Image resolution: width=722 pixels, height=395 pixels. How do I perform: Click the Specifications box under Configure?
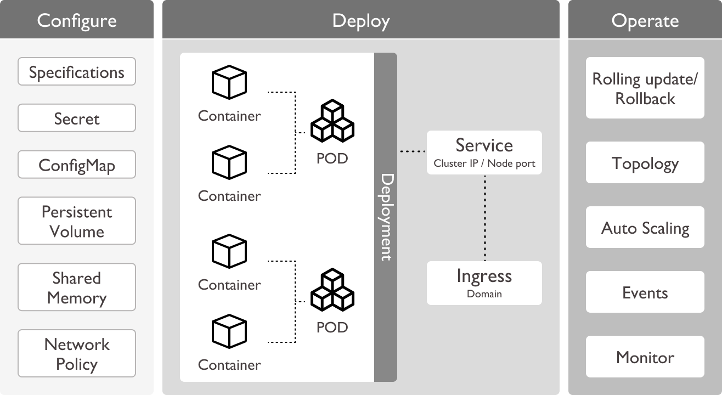click(77, 72)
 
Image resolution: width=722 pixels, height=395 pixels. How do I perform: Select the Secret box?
click(77, 119)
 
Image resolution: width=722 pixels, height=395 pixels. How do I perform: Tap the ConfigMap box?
click(77, 165)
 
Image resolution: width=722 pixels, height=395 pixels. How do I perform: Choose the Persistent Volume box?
click(77, 221)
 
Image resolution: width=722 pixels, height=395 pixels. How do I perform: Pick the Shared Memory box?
click(77, 287)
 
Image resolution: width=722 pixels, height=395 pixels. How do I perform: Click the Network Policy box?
click(77, 354)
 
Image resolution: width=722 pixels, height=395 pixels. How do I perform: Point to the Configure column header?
click(77, 20)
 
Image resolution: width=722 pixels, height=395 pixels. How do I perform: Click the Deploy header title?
click(360, 21)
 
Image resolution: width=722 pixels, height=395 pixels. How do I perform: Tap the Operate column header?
click(645, 21)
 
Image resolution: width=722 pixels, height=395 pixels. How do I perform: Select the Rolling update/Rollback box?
click(645, 88)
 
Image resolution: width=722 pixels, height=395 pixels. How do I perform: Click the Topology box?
click(645, 163)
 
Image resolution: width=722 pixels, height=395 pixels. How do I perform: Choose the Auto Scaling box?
click(645, 228)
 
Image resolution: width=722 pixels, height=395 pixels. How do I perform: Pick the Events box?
click(645, 292)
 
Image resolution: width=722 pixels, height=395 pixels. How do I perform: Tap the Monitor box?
click(645, 357)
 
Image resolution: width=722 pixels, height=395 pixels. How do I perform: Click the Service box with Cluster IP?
click(484, 153)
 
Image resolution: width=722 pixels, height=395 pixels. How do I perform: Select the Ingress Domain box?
click(484, 283)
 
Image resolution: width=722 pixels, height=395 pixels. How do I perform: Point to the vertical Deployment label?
click(386, 217)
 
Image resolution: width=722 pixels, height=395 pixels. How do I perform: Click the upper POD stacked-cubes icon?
click(332, 121)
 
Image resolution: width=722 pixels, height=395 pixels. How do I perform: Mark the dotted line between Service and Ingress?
click(484, 218)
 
